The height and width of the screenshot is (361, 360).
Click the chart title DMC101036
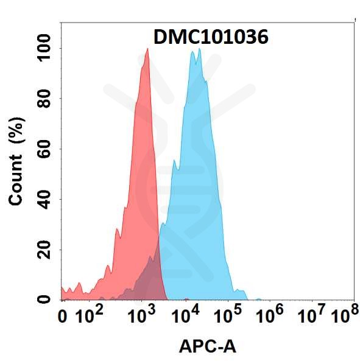click(210, 38)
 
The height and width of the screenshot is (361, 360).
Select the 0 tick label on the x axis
click(63, 317)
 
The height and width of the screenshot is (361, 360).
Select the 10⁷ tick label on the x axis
click(314, 315)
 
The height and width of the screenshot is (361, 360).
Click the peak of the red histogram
click(147, 50)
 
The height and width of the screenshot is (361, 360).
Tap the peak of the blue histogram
click(199, 49)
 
